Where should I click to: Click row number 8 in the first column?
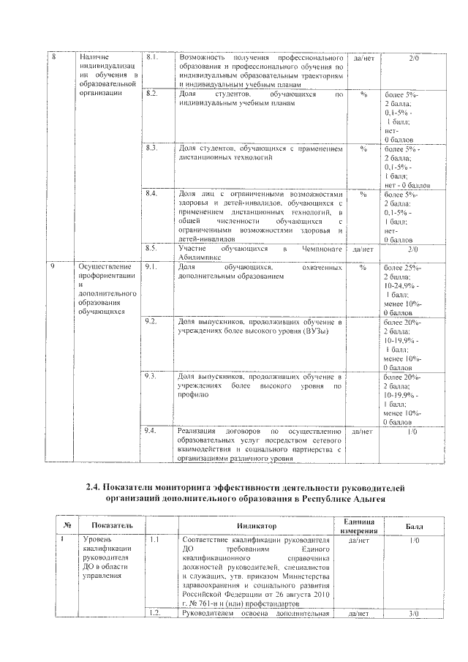click(52, 56)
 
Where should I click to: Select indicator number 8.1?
click(152, 56)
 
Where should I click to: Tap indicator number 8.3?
click(152, 148)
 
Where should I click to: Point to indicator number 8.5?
click(152, 249)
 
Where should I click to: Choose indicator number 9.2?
click(152, 321)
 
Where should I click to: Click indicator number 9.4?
click(152, 432)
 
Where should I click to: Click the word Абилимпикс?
click(200, 257)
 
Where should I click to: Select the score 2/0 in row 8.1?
click(415, 56)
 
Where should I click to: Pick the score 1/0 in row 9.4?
click(415, 432)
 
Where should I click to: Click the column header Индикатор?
click(256, 525)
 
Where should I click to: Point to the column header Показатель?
click(111, 525)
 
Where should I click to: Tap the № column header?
click(67, 525)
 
